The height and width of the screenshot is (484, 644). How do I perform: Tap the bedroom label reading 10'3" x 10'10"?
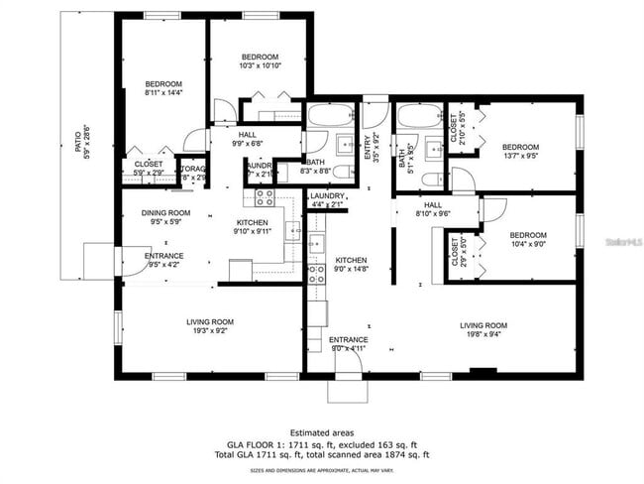pos(260,60)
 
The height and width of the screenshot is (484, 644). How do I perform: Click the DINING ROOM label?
pos(164,217)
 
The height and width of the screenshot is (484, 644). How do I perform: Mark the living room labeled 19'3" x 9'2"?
pos(210,325)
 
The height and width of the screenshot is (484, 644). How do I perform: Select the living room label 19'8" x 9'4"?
pos(483,330)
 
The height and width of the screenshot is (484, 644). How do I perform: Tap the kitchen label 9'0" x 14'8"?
pos(351,263)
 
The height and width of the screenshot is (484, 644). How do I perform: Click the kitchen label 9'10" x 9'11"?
pos(252,226)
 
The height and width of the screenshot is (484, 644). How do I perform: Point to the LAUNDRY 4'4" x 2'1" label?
pos(327,200)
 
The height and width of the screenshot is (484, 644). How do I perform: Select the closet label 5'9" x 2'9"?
pos(149,169)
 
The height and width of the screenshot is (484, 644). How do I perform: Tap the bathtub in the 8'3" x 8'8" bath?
pos(329,115)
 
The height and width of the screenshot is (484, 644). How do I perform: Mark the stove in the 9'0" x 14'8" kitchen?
pos(316,274)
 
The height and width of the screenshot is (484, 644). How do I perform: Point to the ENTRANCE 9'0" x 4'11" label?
pos(349,343)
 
